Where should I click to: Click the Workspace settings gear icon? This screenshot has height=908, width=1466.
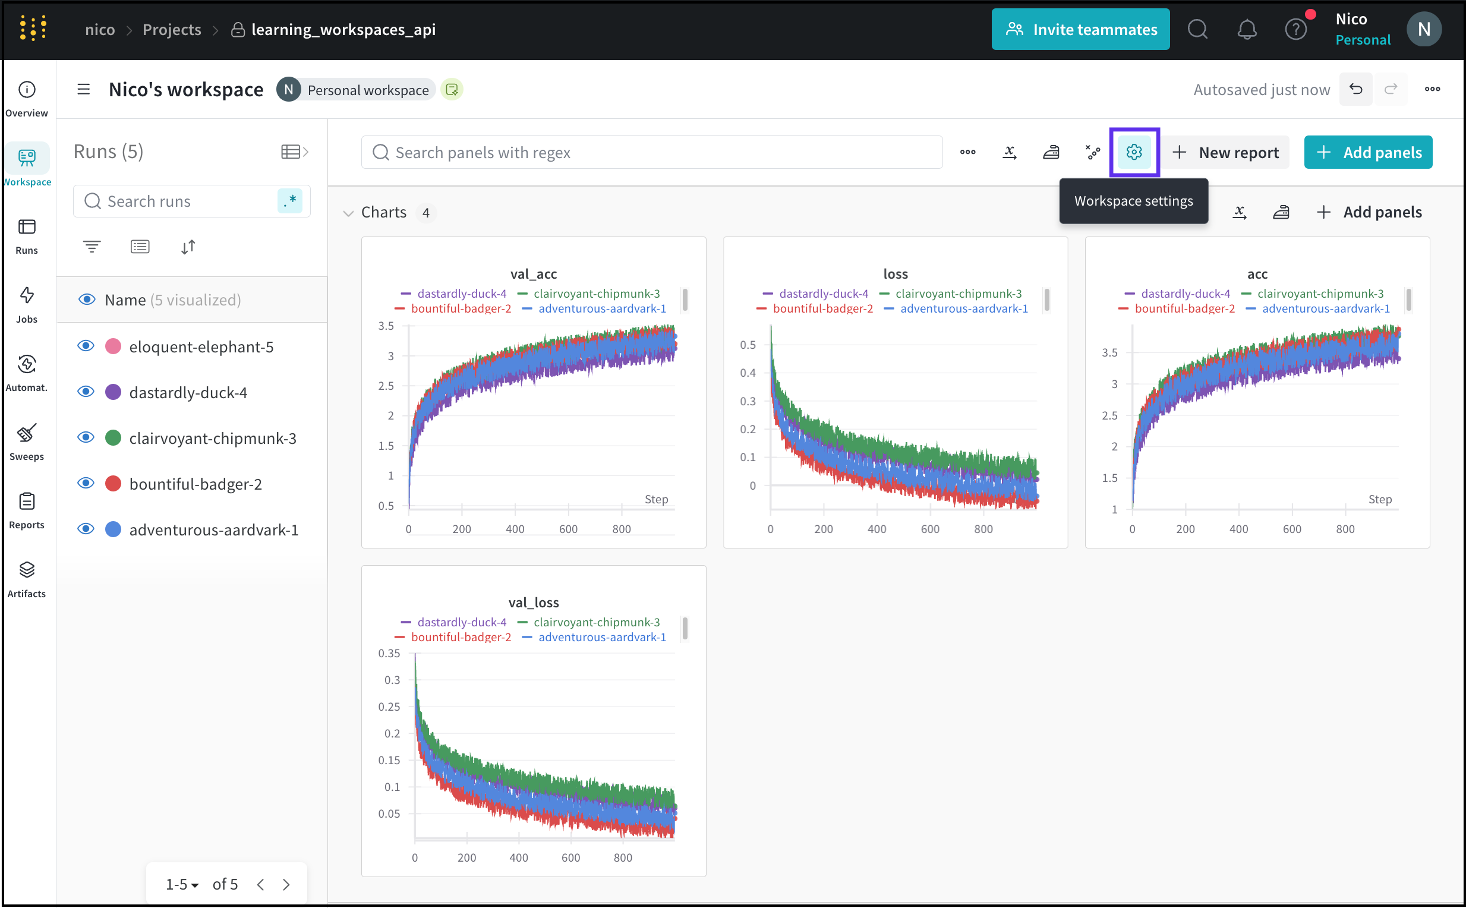(1134, 153)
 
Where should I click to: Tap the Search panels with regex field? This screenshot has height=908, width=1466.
(652, 153)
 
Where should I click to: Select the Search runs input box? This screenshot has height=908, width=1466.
(180, 201)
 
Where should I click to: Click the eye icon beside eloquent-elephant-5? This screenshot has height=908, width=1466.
(86, 346)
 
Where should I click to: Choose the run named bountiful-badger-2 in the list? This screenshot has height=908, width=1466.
(195, 484)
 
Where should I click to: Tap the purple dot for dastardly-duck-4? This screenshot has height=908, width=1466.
(113, 393)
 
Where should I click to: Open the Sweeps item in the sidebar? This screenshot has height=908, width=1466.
(26, 442)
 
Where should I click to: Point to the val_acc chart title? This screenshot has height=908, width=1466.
(533, 274)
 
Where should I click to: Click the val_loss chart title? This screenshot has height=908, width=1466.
(533, 603)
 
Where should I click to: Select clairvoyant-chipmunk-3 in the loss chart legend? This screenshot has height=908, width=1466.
(958, 294)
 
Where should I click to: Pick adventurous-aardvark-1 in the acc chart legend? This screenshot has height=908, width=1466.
(1326, 308)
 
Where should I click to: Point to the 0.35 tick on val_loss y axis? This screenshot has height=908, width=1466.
(389, 654)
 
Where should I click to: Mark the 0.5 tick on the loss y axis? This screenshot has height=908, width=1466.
(748, 345)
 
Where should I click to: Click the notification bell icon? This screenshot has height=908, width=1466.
(1247, 30)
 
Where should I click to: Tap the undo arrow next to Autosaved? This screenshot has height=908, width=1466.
(1355, 90)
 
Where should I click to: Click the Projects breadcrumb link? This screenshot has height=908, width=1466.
(172, 30)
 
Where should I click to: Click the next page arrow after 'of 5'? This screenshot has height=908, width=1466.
(286, 884)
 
